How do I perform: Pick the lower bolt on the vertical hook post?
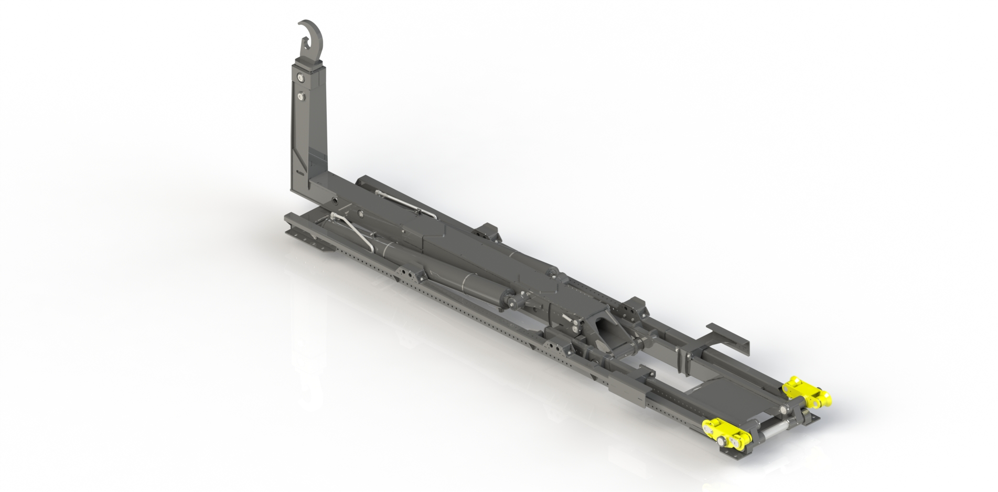302,97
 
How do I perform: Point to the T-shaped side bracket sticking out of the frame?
726,336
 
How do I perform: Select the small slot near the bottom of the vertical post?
299,171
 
